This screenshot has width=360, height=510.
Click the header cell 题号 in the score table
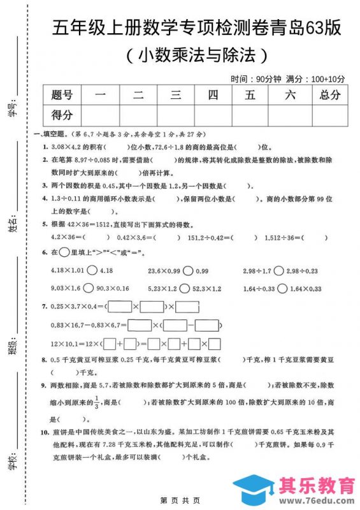pyautogui.click(x=62, y=96)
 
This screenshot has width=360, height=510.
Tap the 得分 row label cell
pyautogui.click(x=62, y=115)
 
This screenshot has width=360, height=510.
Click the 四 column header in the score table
pyautogui.click(x=213, y=96)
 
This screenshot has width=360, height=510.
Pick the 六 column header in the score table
pyautogui.click(x=290, y=96)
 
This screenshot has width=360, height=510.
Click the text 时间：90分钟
pyautogui.click(x=256, y=79)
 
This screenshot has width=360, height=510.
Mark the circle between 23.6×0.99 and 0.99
pyautogui.click(x=187, y=270)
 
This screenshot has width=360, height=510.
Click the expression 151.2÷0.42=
pyautogui.click(x=210, y=238)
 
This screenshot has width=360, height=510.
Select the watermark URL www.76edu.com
pyautogui.click(x=315, y=500)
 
